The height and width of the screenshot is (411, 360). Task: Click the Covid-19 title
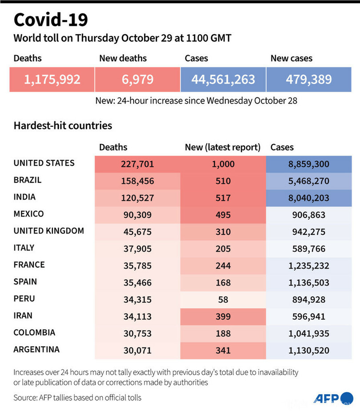[x=51, y=20]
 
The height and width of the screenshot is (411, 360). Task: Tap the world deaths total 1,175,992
[x=52, y=80]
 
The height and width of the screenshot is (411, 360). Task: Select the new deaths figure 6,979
[x=137, y=80]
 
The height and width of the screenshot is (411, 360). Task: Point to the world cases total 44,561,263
[x=223, y=80]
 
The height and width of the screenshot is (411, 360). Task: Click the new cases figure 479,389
[x=309, y=80]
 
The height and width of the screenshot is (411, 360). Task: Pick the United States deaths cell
[x=137, y=164]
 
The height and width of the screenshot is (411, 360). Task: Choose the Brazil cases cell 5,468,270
[x=309, y=181]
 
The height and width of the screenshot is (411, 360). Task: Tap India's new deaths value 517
[x=223, y=198]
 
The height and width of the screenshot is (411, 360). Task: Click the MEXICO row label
[x=29, y=214]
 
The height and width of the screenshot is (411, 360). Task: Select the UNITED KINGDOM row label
[x=49, y=231]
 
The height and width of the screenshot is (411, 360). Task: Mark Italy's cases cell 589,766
[x=309, y=249]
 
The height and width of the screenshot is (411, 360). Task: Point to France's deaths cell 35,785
[x=137, y=266]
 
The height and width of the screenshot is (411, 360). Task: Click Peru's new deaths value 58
[x=223, y=299]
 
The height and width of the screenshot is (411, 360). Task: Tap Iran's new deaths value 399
[x=223, y=316]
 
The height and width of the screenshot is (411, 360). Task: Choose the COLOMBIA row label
[x=34, y=332]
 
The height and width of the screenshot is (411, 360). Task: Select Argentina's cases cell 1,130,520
[x=309, y=351]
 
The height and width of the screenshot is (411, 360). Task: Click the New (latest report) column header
[x=223, y=147]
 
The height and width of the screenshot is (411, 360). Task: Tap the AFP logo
[x=328, y=398]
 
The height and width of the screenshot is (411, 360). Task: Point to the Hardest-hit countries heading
[x=63, y=125]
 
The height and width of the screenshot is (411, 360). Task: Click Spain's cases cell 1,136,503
[x=309, y=282]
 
